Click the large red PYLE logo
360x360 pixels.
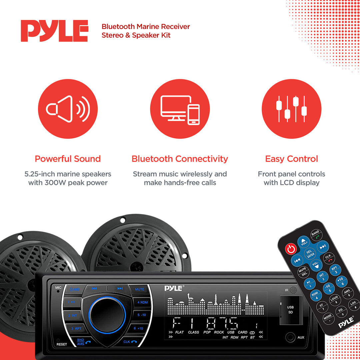pos(54,31)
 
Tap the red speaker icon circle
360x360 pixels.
pos(68,109)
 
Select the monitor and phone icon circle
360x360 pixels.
pos(180,109)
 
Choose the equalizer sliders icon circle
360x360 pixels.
pos(292,109)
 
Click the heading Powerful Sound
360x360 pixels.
pos(68,159)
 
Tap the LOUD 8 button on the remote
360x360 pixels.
pos(334,300)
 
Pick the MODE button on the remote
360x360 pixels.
pos(328,318)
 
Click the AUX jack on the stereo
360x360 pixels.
pos(290,337)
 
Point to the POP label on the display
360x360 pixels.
pos(207,332)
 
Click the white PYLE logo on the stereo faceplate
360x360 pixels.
pos(174,288)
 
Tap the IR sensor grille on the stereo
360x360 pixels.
pos(293,290)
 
